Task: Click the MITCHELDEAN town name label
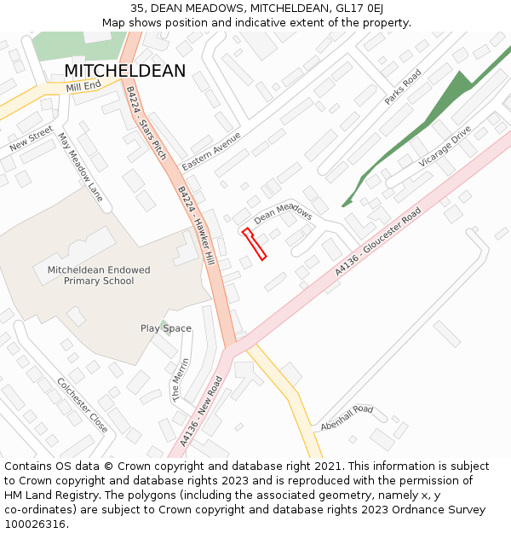tap(124, 72)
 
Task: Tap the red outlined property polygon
tap(254, 243)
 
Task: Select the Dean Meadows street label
tap(283, 215)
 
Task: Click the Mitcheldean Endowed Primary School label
tap(99, 275)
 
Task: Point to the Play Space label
tap(166, 328)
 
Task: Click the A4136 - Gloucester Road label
tap(378, 241)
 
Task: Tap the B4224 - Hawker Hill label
tap(197, 219)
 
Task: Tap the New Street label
tap(32, 139)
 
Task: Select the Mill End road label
tap(83, 86)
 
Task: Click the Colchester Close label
tap(82, 405)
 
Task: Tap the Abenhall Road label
tap(347, 417)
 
